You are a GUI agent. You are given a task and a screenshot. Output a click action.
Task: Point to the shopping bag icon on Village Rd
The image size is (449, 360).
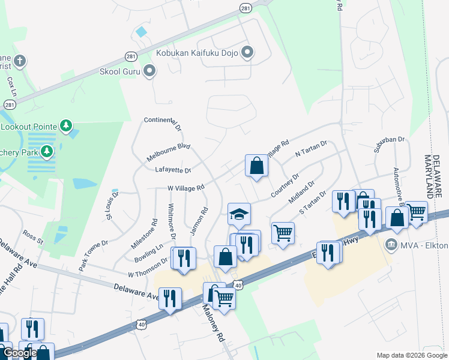pyautogui.click(x=256, y=166)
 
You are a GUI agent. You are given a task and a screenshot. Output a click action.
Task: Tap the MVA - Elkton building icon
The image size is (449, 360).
pyautogui.click(x=391, y=244)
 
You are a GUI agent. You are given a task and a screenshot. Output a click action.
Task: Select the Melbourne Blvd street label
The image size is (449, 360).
pyautogui.click(x=168, y=152)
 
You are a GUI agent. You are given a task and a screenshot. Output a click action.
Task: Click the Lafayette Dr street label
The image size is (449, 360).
pyautogui.click(x=173, y=170)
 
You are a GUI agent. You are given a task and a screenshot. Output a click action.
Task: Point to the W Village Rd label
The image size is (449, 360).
pyautogui.click(x=186, y=188)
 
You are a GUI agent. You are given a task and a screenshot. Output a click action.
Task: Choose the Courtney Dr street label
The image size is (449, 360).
pyautogui.click(x=285, y=185)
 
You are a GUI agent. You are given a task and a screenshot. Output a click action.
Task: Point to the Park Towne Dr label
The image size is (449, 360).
pyautogui.click(x=92, y=256)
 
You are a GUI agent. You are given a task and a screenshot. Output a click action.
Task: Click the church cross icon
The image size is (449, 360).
pyautogui.click(x=20, y=61)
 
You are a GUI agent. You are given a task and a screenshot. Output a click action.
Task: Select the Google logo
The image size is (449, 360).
pyautogui.click(x=19, y=353)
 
